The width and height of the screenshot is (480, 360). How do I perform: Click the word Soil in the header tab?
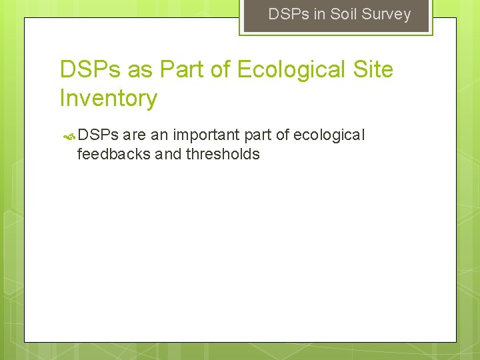click(x=344, y=14)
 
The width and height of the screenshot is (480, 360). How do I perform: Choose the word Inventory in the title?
click(x=108, y=98)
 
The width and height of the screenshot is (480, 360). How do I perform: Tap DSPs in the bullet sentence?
click(x=98, y=135)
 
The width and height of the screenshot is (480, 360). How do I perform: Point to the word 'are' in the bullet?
click(x=135, y=135)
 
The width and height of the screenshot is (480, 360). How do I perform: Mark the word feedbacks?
click(x=113, y=155)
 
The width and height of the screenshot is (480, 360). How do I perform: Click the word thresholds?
click(x=223, y=155)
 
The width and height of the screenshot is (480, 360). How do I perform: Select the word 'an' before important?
click(x=159, y=136)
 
